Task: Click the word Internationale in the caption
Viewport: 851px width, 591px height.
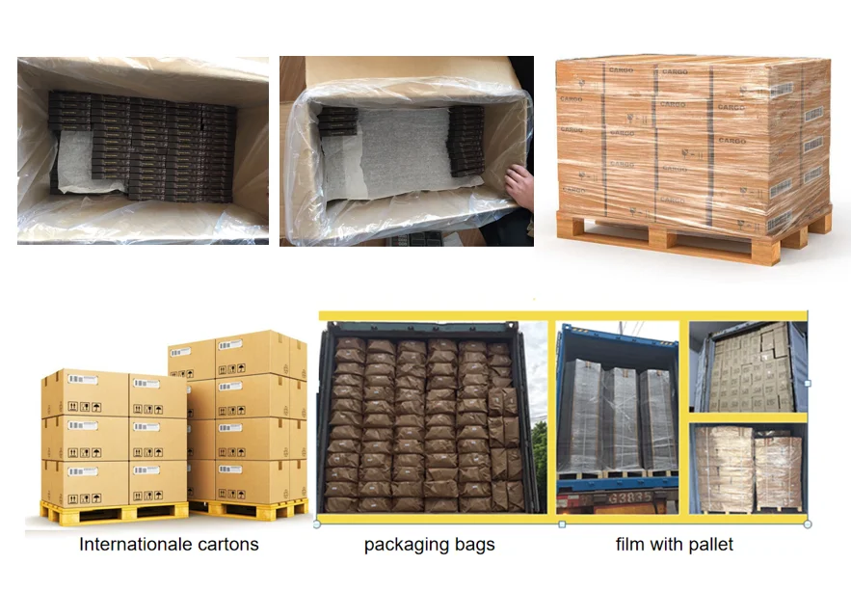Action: [136, 545]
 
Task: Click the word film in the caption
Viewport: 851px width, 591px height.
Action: [630, 545]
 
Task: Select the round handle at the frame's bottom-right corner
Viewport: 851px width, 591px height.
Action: [808, 524]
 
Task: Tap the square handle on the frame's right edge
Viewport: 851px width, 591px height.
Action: [808, 383]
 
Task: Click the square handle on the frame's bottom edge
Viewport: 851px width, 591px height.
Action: [562, 524]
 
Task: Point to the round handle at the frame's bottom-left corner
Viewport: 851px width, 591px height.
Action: [318, 524]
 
